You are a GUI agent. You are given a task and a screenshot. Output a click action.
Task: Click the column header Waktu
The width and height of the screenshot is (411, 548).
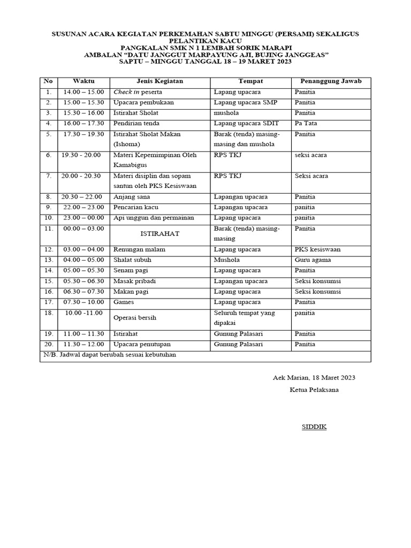83,81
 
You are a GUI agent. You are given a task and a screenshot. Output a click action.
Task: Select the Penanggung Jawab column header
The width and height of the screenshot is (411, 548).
331,81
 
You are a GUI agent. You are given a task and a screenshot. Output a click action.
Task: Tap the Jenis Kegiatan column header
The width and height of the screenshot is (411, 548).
160,81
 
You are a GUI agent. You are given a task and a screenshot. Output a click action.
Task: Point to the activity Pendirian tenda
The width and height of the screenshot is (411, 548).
133,124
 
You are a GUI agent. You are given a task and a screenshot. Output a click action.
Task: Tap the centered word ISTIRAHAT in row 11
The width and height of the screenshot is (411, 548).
159,234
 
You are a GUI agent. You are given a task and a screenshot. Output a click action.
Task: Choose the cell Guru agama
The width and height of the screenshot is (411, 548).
313,260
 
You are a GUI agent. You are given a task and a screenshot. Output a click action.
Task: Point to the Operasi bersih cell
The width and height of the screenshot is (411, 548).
134,317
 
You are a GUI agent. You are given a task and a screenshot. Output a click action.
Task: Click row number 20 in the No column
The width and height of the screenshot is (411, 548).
48,344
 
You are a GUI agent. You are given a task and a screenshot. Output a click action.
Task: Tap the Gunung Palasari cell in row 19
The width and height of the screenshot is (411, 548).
238,333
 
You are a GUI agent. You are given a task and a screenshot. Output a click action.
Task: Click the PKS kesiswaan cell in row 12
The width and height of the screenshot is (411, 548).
317,249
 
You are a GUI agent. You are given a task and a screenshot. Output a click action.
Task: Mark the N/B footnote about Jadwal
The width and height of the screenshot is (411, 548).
109,355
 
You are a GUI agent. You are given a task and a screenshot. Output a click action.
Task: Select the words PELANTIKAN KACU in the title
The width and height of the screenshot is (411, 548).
205,41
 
